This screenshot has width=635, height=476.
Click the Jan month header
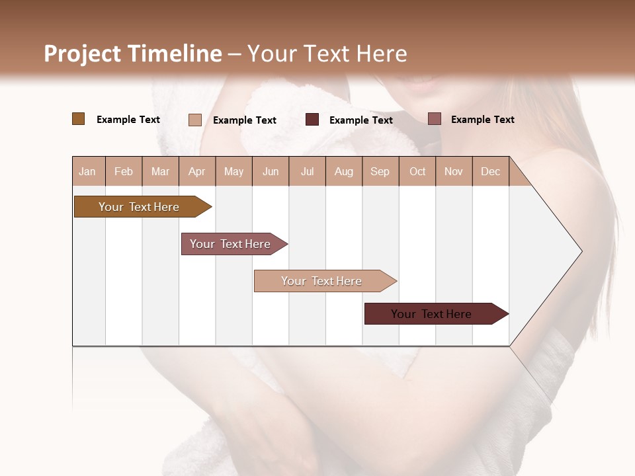point(87,172)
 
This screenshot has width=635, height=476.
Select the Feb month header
point(124,172)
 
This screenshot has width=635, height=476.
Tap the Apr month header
point(196,172)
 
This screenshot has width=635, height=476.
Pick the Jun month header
point(271,172)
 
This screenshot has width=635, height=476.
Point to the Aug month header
point(343,172)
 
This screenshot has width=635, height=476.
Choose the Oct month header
point(417,172)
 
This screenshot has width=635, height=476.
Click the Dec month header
point(490,172)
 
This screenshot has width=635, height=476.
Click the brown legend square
point(78,119)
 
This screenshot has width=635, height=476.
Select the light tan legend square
point(194,120)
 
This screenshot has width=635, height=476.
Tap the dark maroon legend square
point(312,120)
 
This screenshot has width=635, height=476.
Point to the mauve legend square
point(434,119)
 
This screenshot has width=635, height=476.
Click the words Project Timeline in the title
point(132,54)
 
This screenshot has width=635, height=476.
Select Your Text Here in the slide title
point(327,54)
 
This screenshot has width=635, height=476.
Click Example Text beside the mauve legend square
point(482,120)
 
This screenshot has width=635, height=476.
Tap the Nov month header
point(453,172)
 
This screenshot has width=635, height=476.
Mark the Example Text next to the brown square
point(128,120)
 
